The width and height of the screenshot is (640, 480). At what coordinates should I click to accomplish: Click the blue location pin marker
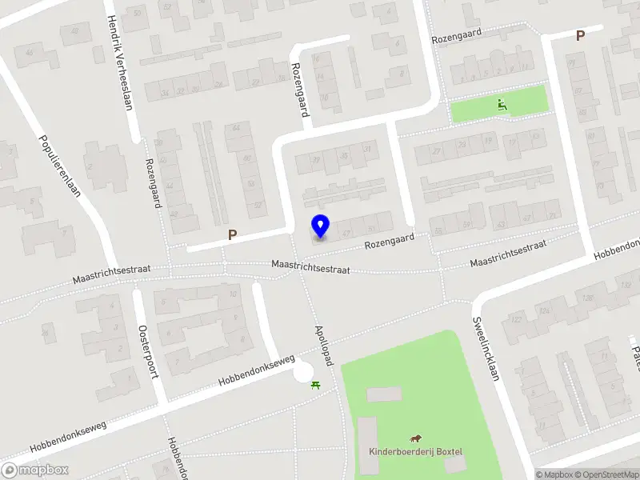click(320, 226)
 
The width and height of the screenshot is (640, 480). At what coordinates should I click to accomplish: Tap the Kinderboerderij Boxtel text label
click(415, 452)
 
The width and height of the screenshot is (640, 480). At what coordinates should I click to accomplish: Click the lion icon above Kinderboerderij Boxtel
click(416, 438)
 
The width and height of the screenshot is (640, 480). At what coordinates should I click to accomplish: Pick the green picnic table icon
click(316, 385)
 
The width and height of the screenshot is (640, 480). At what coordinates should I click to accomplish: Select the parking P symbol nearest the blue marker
click(233, 235)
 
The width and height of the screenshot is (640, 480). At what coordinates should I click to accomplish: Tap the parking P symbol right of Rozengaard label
click(581, 34)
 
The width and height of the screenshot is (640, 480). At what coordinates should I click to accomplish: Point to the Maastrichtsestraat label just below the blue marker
click(311, 266)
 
